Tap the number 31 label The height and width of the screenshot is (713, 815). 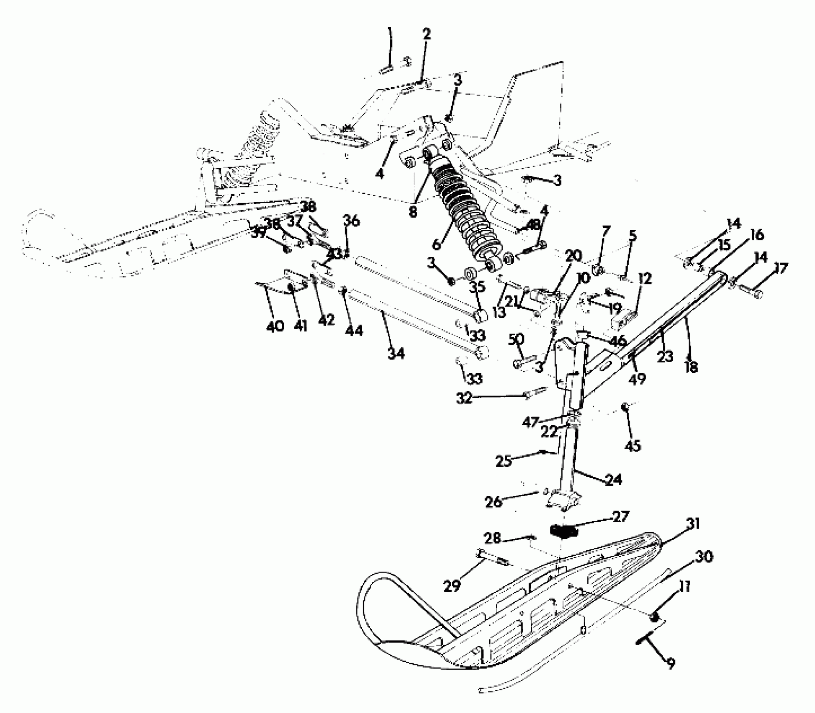coord(693,524)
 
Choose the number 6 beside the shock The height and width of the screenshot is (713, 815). coord(436,243)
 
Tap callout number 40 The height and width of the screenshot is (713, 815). coord(275,326)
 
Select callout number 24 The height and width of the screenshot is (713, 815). coord(614,479)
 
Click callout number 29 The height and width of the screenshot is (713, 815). coord(452,585)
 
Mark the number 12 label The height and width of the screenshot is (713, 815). coord(645,278)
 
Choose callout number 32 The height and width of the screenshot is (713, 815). coord(464,398)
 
